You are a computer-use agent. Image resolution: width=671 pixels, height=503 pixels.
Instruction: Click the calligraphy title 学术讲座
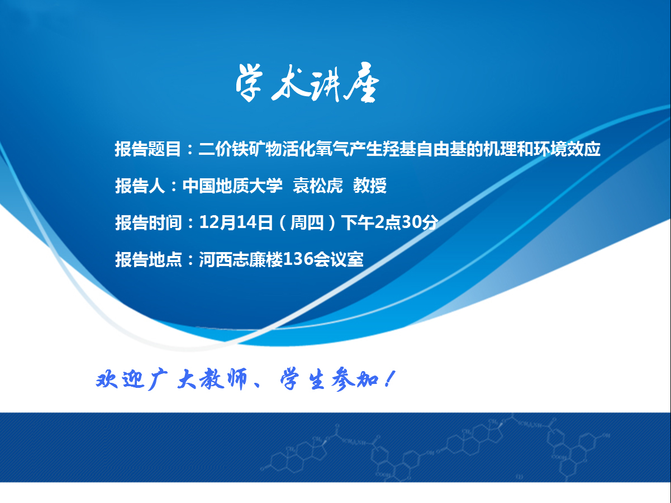point(307,82)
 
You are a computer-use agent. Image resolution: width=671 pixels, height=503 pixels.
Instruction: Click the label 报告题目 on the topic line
point(148,149)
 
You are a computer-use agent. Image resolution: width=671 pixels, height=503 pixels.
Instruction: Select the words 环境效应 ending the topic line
point(567,149)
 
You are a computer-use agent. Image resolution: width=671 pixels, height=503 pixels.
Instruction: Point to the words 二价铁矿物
point(240,149)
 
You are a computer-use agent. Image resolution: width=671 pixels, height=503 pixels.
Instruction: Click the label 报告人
point(140,186)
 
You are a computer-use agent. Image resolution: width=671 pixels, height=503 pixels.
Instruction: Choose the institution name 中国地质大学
point(232,186)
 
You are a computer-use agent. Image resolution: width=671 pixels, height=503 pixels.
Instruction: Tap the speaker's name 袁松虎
point(317,186)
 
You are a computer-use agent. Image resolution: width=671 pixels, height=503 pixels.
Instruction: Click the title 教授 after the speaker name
point(370,186)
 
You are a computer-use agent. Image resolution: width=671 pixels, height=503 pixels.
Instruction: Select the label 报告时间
point(148,222)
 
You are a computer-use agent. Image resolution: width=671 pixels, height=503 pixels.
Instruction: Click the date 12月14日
point(236,222)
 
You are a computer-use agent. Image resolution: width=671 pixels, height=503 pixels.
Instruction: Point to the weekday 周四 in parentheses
point(307,222)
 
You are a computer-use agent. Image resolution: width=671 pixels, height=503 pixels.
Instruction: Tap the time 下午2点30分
point(390,222)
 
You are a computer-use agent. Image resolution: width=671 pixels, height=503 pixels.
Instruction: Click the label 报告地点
point(148,259)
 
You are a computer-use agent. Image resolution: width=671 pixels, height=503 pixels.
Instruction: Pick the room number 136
point(298,259)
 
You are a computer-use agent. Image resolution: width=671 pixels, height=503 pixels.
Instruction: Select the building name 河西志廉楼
point(241,259)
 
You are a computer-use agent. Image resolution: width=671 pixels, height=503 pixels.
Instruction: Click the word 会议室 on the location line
point(339,259)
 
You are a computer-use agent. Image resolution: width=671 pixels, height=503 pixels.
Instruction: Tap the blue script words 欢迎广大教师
point(172,379)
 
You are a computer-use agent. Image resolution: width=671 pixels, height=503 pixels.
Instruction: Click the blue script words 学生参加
point(329,380)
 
